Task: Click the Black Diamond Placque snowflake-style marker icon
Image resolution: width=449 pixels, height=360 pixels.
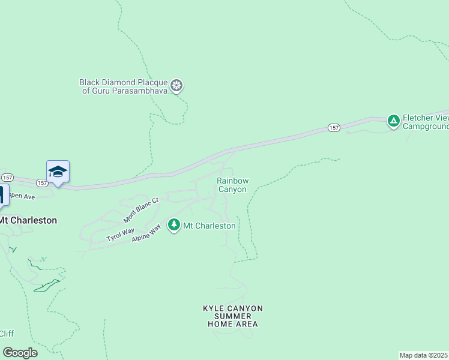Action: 176,86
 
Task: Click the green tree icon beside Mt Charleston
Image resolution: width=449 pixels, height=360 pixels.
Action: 174,225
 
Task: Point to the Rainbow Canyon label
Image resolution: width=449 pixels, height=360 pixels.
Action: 232,185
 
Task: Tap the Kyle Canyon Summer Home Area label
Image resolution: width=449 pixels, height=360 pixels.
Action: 233,316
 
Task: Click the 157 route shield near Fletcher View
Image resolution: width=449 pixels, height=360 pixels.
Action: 334,128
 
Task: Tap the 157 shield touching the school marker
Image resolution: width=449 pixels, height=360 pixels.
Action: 41,182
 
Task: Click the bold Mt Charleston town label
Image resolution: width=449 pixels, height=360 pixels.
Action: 29,220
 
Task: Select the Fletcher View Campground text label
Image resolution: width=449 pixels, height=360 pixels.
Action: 426,122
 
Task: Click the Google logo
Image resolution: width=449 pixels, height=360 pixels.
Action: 20,353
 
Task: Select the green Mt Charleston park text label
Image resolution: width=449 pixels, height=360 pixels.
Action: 209,226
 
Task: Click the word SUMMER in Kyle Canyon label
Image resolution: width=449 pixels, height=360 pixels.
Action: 233,316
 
